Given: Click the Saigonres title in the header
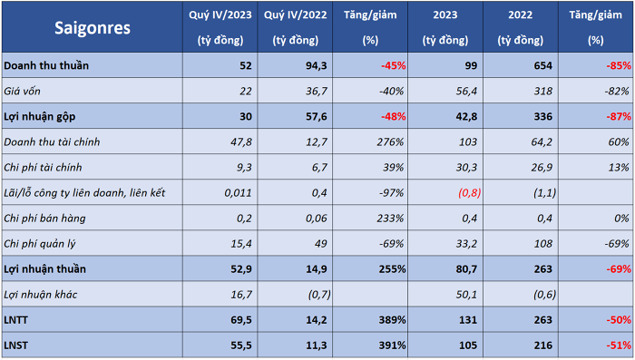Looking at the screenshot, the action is click(x=93, y=28).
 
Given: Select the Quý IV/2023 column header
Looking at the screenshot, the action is click(x=220, y=27).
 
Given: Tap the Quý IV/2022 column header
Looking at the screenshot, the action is click(x=295, y=27).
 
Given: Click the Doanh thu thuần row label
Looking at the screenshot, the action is click(x=46, y=65).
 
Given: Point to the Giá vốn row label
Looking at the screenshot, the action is click(x=23, y=91).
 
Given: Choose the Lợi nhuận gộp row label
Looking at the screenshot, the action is click(x=40, y=117).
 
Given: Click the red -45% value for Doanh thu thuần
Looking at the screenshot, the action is click(x=393, y=65).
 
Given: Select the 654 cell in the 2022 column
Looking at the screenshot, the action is click(x=542, y=65).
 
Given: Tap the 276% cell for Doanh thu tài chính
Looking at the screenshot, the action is click(x=390, y=142).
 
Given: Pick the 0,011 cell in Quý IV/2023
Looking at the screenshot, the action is click(x=238, y=193).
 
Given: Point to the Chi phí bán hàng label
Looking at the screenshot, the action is click(x=45, y=219).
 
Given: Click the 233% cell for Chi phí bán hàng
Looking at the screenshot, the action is click(x=390, y=219).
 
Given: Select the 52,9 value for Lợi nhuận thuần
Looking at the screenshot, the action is click(x=241, y=269).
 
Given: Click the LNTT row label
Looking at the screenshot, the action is click(x=15, y=320).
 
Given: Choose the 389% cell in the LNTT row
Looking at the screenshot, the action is click(x=392, y=320).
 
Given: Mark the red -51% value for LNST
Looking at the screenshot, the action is click(x=619, y=345).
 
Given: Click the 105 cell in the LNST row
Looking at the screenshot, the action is click(x=468, y=345).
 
